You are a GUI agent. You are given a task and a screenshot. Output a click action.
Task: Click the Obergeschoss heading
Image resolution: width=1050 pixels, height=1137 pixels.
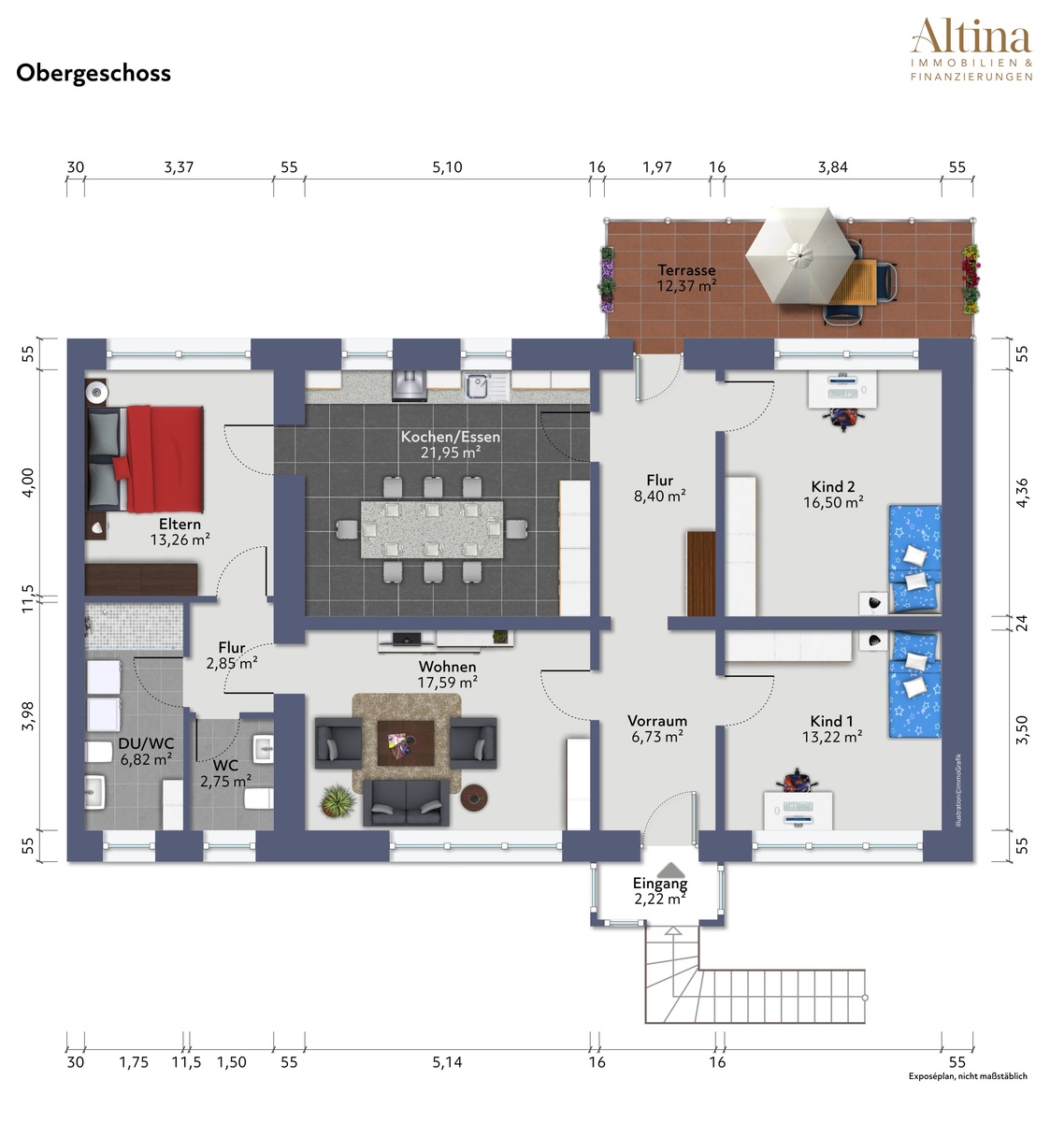(x=93, y=73)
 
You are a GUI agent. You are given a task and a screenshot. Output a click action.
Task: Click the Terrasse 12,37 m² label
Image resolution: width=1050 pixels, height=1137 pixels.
(x=686, y=278)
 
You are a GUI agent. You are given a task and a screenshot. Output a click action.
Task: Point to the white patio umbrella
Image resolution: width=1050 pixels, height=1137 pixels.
(x=799, y=254)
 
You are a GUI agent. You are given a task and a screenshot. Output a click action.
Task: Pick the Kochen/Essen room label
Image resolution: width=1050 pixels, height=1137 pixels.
(x=450, y=444)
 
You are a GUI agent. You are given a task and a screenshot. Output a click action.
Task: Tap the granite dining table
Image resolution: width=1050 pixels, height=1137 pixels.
(x=432, y=529)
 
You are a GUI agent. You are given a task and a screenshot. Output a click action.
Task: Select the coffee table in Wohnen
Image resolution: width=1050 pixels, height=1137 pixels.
(x=406, y=742)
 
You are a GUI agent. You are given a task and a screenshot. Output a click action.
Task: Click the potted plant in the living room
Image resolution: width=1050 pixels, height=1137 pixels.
(x=338, y=799)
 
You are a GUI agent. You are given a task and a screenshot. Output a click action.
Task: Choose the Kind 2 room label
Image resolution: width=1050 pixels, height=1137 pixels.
(x=833, y=494)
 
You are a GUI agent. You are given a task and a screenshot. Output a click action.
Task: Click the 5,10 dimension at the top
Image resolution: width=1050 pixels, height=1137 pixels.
(x=447, y=167)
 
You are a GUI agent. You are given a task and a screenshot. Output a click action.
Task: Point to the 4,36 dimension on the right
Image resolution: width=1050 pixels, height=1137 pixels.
(x=1022, y=494)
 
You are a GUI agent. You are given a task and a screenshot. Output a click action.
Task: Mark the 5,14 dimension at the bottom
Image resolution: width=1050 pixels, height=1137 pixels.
(x=447, y=1062)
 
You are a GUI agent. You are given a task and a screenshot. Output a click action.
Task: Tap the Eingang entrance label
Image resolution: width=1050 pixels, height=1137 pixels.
(x=659, y=883)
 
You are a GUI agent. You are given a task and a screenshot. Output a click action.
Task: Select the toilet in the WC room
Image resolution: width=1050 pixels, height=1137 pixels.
(x=259, y=799)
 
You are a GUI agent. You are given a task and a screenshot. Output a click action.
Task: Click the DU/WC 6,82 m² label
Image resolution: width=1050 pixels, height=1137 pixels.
(x=146, y=751)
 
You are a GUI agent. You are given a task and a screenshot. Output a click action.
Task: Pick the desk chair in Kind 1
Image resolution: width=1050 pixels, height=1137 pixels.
(x=797, y=781)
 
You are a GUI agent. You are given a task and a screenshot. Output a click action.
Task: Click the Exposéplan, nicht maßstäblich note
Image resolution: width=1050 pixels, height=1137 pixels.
(x=968, y=1076)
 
